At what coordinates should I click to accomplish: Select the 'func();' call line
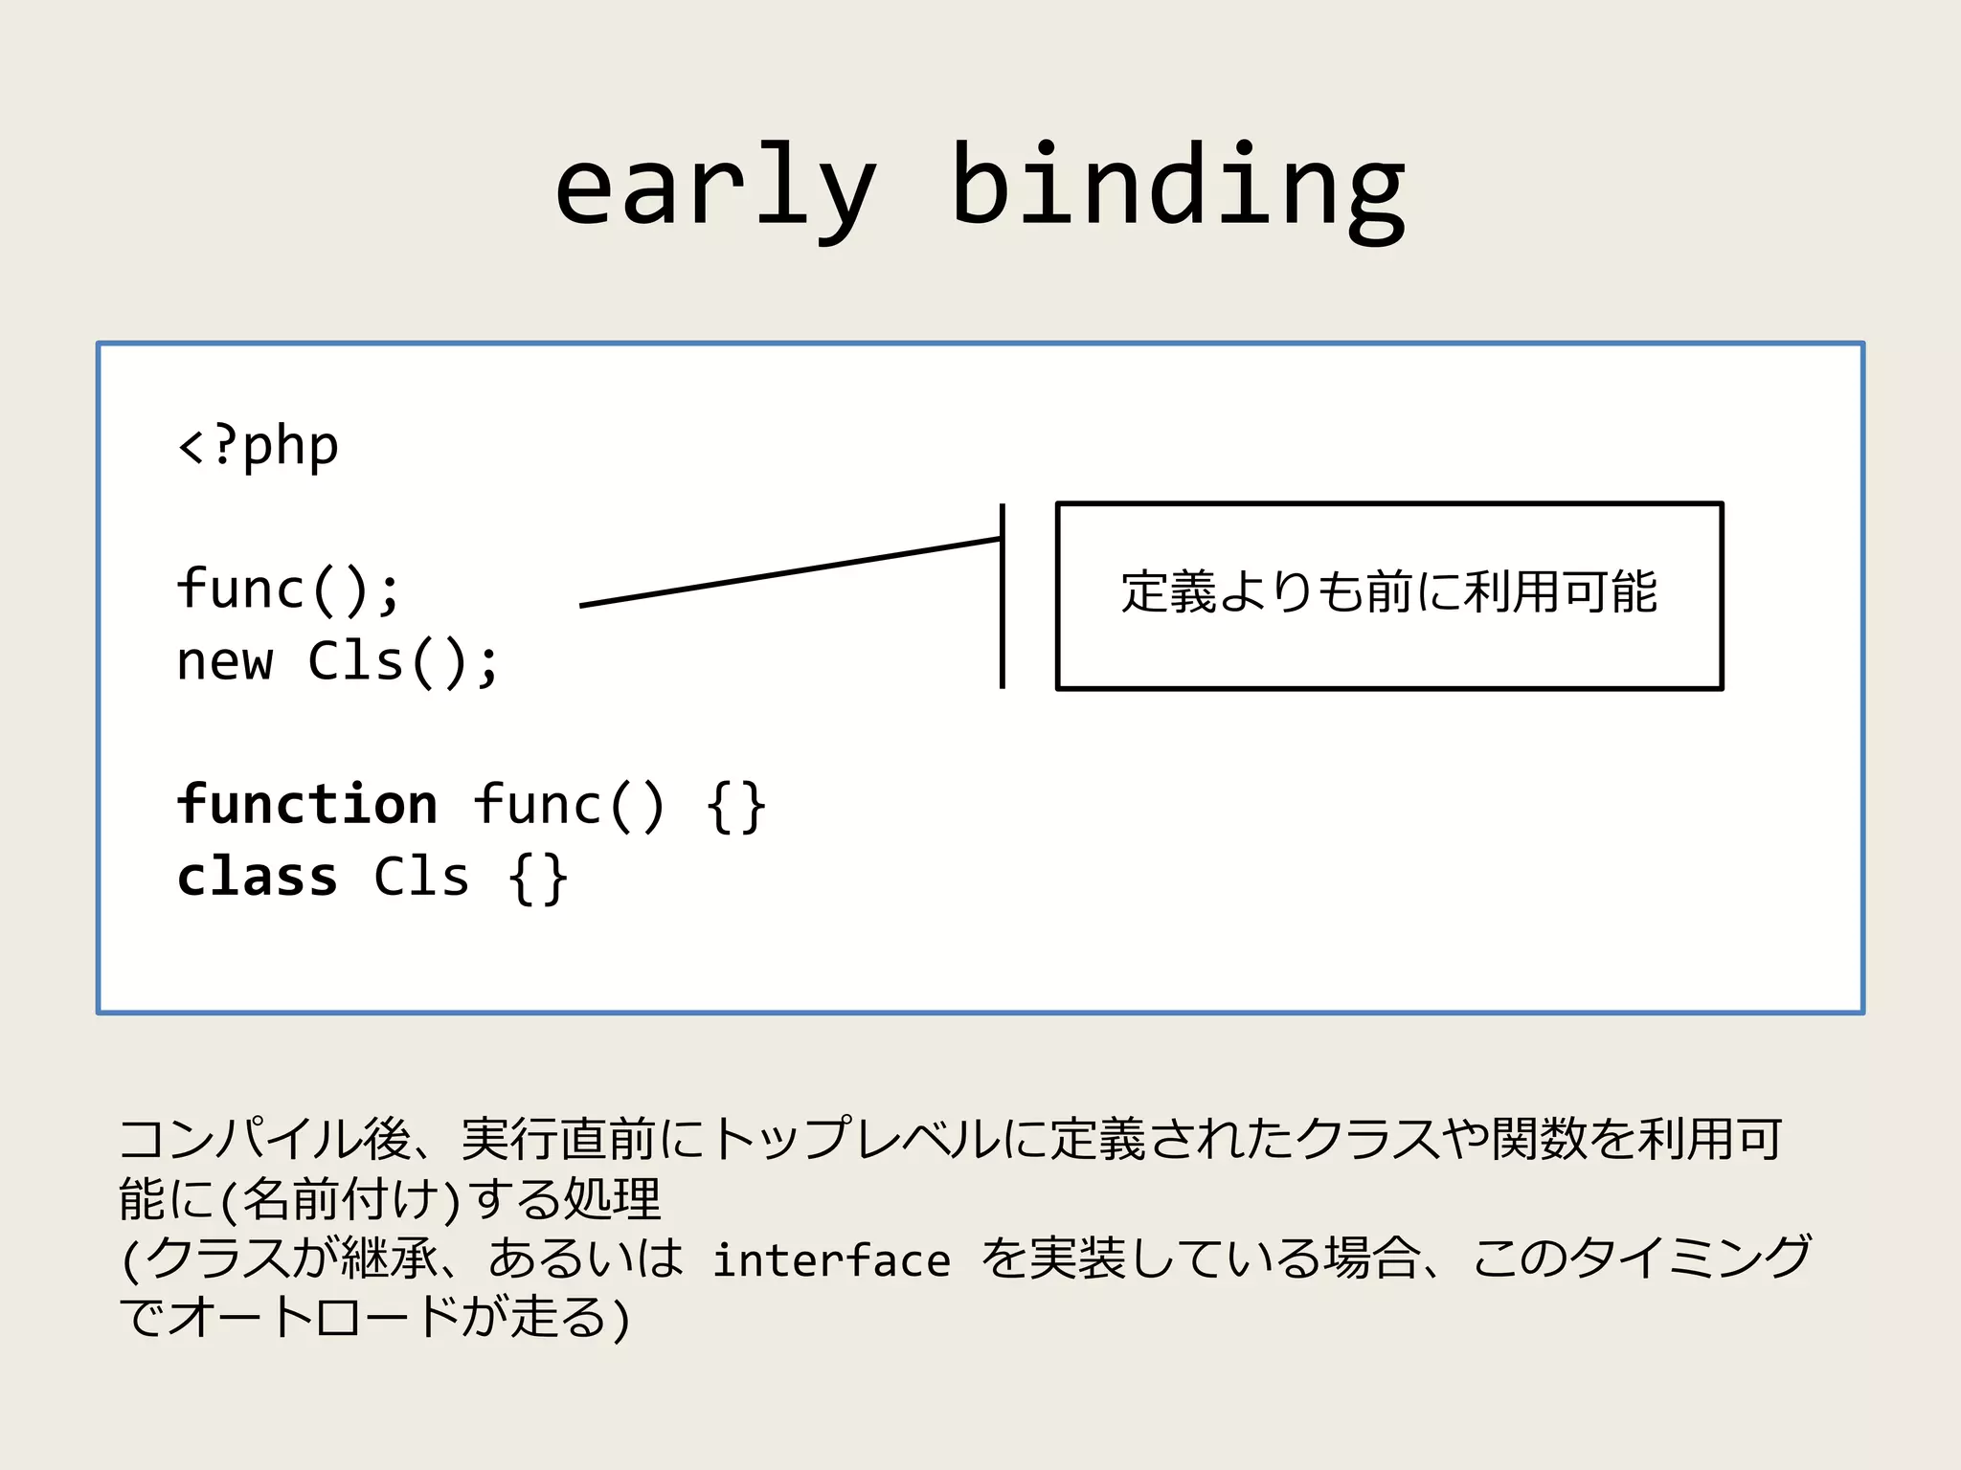point(287,589)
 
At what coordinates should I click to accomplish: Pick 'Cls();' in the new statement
point(403,661)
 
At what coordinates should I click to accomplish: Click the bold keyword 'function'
point(307,804)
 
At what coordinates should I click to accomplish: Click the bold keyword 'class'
point(258,877)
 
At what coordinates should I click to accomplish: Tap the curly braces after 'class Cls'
point(538,879)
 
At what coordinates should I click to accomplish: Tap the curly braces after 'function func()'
point(735,806)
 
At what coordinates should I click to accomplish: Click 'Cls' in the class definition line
point(421,877)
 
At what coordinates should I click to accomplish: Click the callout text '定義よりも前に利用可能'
point(1388,592)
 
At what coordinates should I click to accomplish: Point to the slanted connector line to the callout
point(790,572)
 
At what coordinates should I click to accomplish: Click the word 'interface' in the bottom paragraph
point(831,1259)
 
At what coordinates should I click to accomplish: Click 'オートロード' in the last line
point(316,1318)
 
